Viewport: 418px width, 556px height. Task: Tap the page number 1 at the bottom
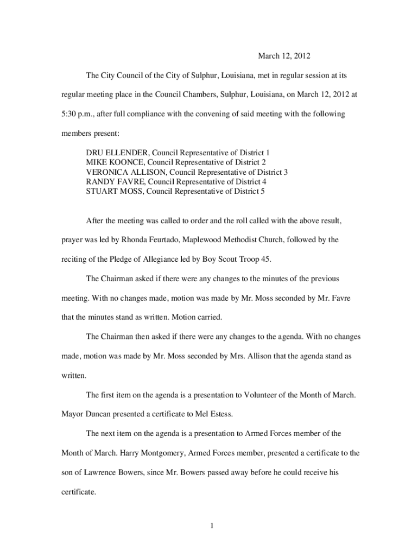(x=213, y=525)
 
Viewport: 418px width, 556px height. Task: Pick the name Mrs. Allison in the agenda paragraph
(x=249, y=356)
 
